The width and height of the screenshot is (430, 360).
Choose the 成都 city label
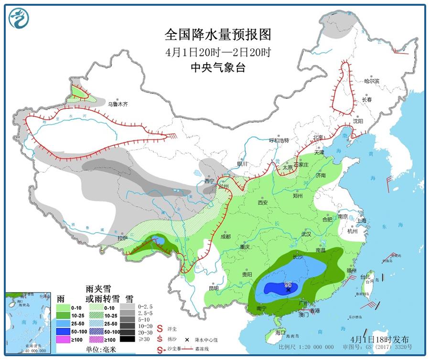pos(226,236)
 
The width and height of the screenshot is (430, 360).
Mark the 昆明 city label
pos(214,288)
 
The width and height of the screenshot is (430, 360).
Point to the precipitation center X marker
pos(288,289)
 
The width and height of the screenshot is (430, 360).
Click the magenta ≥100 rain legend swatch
pos(64,339)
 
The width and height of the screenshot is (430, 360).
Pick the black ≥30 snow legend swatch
pos(127,339)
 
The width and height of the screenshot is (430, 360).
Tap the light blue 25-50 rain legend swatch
pos(64,324)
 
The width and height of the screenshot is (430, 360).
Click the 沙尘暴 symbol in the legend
pos(159,350)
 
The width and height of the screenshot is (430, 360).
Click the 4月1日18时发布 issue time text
pos(379,339)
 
